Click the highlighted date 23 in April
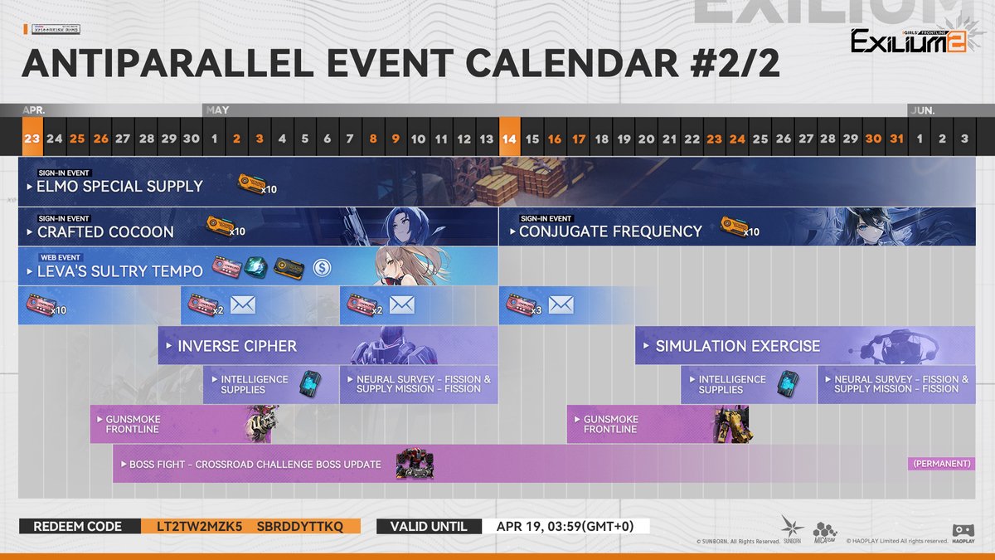(x=32, y=139)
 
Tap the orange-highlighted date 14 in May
(x=509, y=139)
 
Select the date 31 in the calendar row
(x=895, y=139)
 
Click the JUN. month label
(x=922, y=110)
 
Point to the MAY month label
(x=217, y=110)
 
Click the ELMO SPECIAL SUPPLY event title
(x=119, y=186)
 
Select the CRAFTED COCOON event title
(x=105, y=231)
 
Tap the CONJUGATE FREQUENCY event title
(x=610, y=231)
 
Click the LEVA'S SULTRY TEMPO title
(x=119, y=270)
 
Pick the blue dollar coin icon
(x=322, y=268)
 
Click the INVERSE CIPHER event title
(x=236, y=346)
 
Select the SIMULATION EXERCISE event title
(x=737, y=346)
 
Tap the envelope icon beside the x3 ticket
(x=561, y=305)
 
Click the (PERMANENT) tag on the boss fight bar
(x=941, y=464)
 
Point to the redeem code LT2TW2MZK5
(x=192, y=527)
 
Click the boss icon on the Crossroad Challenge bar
(x=415, y=464)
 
